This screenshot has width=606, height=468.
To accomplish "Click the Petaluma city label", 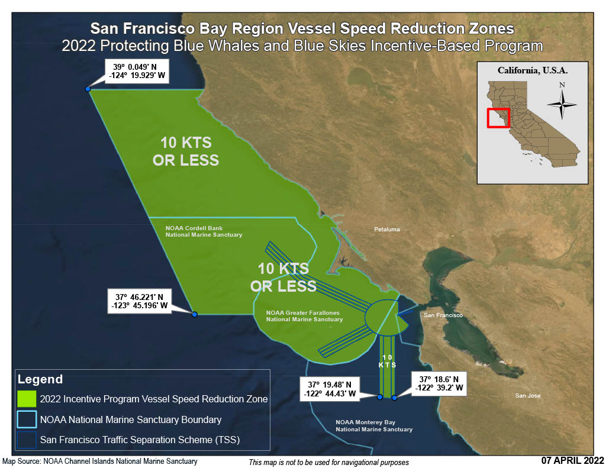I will (387, 229).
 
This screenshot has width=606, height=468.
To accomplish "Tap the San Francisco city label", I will (443, 315).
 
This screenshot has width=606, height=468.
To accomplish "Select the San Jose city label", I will (527, 395).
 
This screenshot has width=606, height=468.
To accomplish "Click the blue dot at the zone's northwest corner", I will (88, 89).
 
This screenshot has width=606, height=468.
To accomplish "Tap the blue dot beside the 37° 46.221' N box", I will (194, 314).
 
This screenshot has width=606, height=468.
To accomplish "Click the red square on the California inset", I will (498, 118).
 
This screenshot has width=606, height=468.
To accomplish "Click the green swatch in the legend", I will (27, 399).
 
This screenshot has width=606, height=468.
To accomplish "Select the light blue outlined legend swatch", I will (27, 419).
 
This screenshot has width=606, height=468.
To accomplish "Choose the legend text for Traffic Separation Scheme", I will (140, 440).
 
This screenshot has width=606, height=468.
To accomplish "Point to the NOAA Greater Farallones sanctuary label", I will (304, 315).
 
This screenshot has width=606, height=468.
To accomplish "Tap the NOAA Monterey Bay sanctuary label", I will (374, 425).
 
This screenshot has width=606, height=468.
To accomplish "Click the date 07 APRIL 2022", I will (572, 460).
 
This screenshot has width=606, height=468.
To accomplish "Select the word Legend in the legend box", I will (40, 379).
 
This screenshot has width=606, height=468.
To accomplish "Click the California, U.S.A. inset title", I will (532, 70).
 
